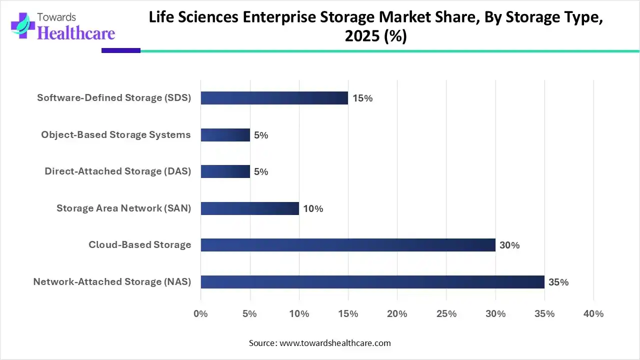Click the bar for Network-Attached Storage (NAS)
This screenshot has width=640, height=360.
(x=372, y=282)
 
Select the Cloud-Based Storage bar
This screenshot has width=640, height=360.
(x=348, y=245)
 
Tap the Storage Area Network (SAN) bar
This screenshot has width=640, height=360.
(x=250, y=208)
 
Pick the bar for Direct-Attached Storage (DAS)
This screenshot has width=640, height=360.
(x=225, y=171)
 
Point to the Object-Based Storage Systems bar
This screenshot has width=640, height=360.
(x=225, y=135)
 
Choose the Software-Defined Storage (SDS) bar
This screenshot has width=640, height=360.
(x=274, y=98)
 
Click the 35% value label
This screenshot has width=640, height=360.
(x=558, y=282)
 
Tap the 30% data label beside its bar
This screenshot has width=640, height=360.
(x=509, y=245)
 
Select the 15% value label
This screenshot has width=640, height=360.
(x=362, y=98)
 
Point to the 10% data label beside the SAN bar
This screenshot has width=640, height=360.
(x=313, y=209)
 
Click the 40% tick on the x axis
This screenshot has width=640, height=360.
(x=593, y=314)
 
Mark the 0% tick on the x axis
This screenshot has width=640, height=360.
(x=200, y=314)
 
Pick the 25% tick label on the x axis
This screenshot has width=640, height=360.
(x=446, y=314)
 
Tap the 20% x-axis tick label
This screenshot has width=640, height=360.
(x=397, y=314)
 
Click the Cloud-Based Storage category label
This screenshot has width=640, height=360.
(x=140, y=245)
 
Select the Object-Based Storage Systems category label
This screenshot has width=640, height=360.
(x=116, y=135)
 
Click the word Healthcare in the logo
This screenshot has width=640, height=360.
(x=76, y=33)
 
